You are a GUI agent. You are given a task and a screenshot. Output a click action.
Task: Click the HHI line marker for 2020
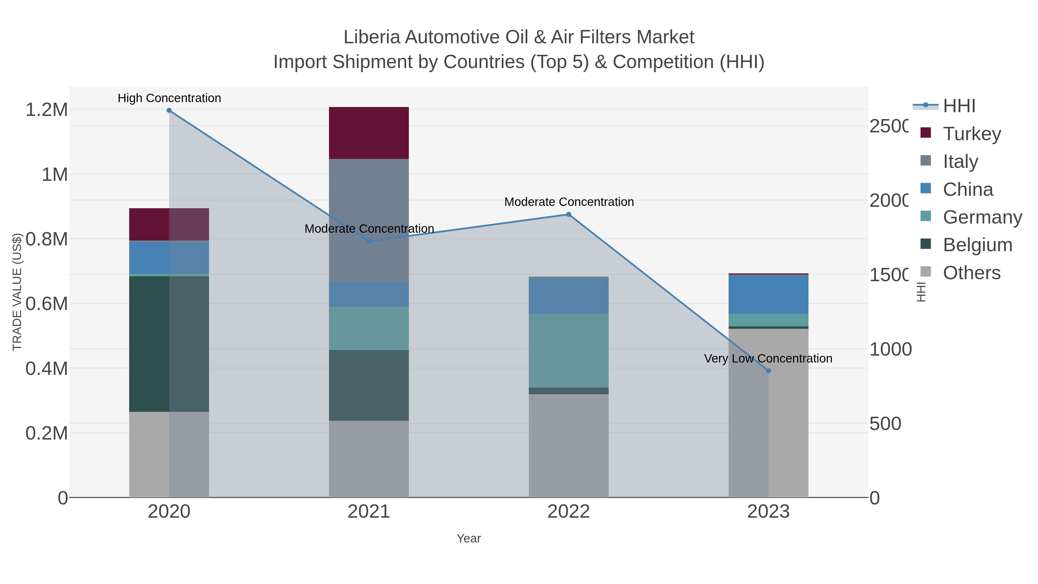(x=169, y=110)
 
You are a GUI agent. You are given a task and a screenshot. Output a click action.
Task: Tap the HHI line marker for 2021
(x=369, y=241)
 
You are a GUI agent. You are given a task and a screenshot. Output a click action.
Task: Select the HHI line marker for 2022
(x=569, y=214)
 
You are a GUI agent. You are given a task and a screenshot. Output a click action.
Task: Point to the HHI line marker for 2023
(x=768, y=371)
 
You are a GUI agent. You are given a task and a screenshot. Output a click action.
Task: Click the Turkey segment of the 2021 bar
(x=369, y=133)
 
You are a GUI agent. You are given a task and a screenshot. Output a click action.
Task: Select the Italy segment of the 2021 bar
(x=369, y=220)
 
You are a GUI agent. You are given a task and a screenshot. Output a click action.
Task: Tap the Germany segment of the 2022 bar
(x=569, y=351)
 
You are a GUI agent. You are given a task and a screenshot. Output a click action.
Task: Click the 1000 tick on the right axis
(x=890, y=350)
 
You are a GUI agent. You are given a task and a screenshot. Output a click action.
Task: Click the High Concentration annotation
(x=169, y=98)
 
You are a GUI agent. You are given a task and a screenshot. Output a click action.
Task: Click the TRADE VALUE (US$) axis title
(x=17, y=292)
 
